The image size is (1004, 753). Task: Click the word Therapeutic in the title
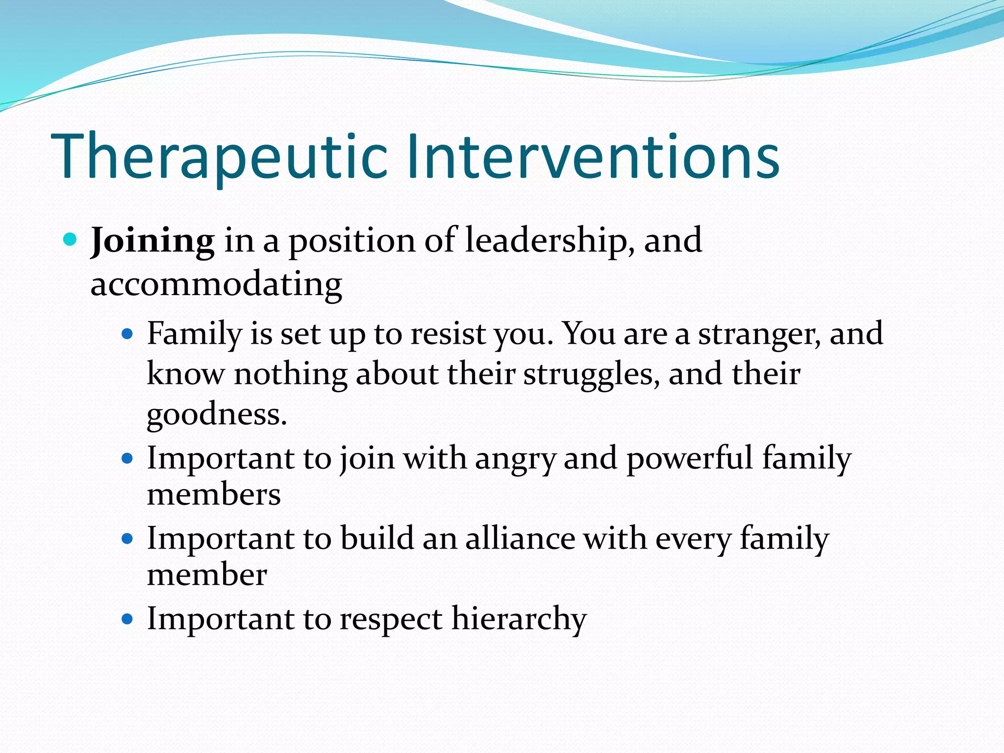coord(219,157)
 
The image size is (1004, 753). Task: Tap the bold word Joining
coord(152,241)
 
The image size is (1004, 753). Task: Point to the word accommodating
coord(216,284)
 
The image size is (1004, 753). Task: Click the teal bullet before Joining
coord(71,240)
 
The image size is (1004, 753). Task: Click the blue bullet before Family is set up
coord(127,334)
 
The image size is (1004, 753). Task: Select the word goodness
coord(216,415)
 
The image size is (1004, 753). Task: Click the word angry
coord(515,459)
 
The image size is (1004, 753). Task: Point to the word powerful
coord(689,459)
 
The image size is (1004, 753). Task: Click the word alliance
coord(520,539)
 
